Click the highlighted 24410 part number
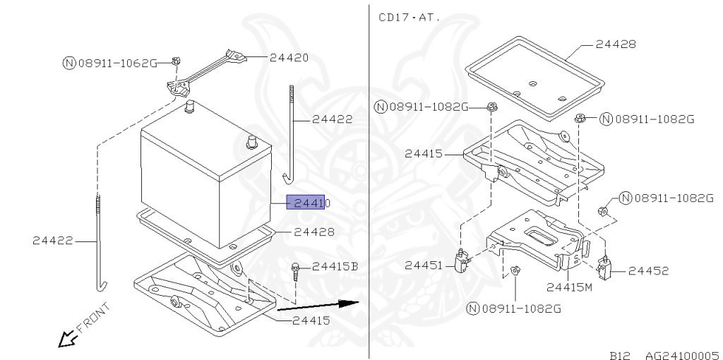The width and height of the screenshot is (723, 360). tap(306, 203)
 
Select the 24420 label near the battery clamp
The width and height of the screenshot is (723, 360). tap(289, 57)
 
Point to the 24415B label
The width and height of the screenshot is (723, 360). tap(335, 266)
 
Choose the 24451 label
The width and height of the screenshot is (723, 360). tap(423, 265)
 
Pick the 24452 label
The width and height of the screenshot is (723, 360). tap(647, 270)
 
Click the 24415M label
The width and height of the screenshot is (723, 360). tap(569, 287)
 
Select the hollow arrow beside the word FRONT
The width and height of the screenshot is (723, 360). tap(67, 340)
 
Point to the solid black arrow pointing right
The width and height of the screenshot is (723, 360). tap(318, 305)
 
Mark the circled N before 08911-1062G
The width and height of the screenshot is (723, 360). tap(69, 63)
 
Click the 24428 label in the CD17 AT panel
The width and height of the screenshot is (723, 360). tap(615, 44)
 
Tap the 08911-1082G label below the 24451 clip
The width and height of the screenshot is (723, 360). tap(520, 308)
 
